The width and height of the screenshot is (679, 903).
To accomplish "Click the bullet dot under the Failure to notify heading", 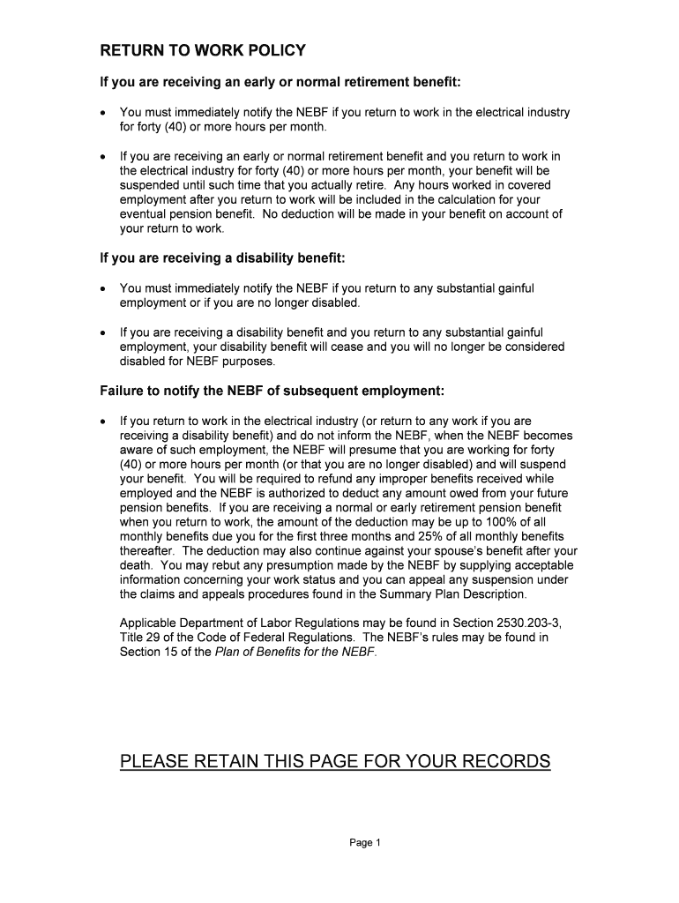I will click(x=103, y=422).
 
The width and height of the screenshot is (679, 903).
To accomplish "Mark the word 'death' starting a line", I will click(x=136, y=565).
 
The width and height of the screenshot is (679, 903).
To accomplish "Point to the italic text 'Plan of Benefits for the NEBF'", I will click(x=295, y=652).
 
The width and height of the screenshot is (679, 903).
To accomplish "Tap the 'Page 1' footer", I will click(x=364, y=843).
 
